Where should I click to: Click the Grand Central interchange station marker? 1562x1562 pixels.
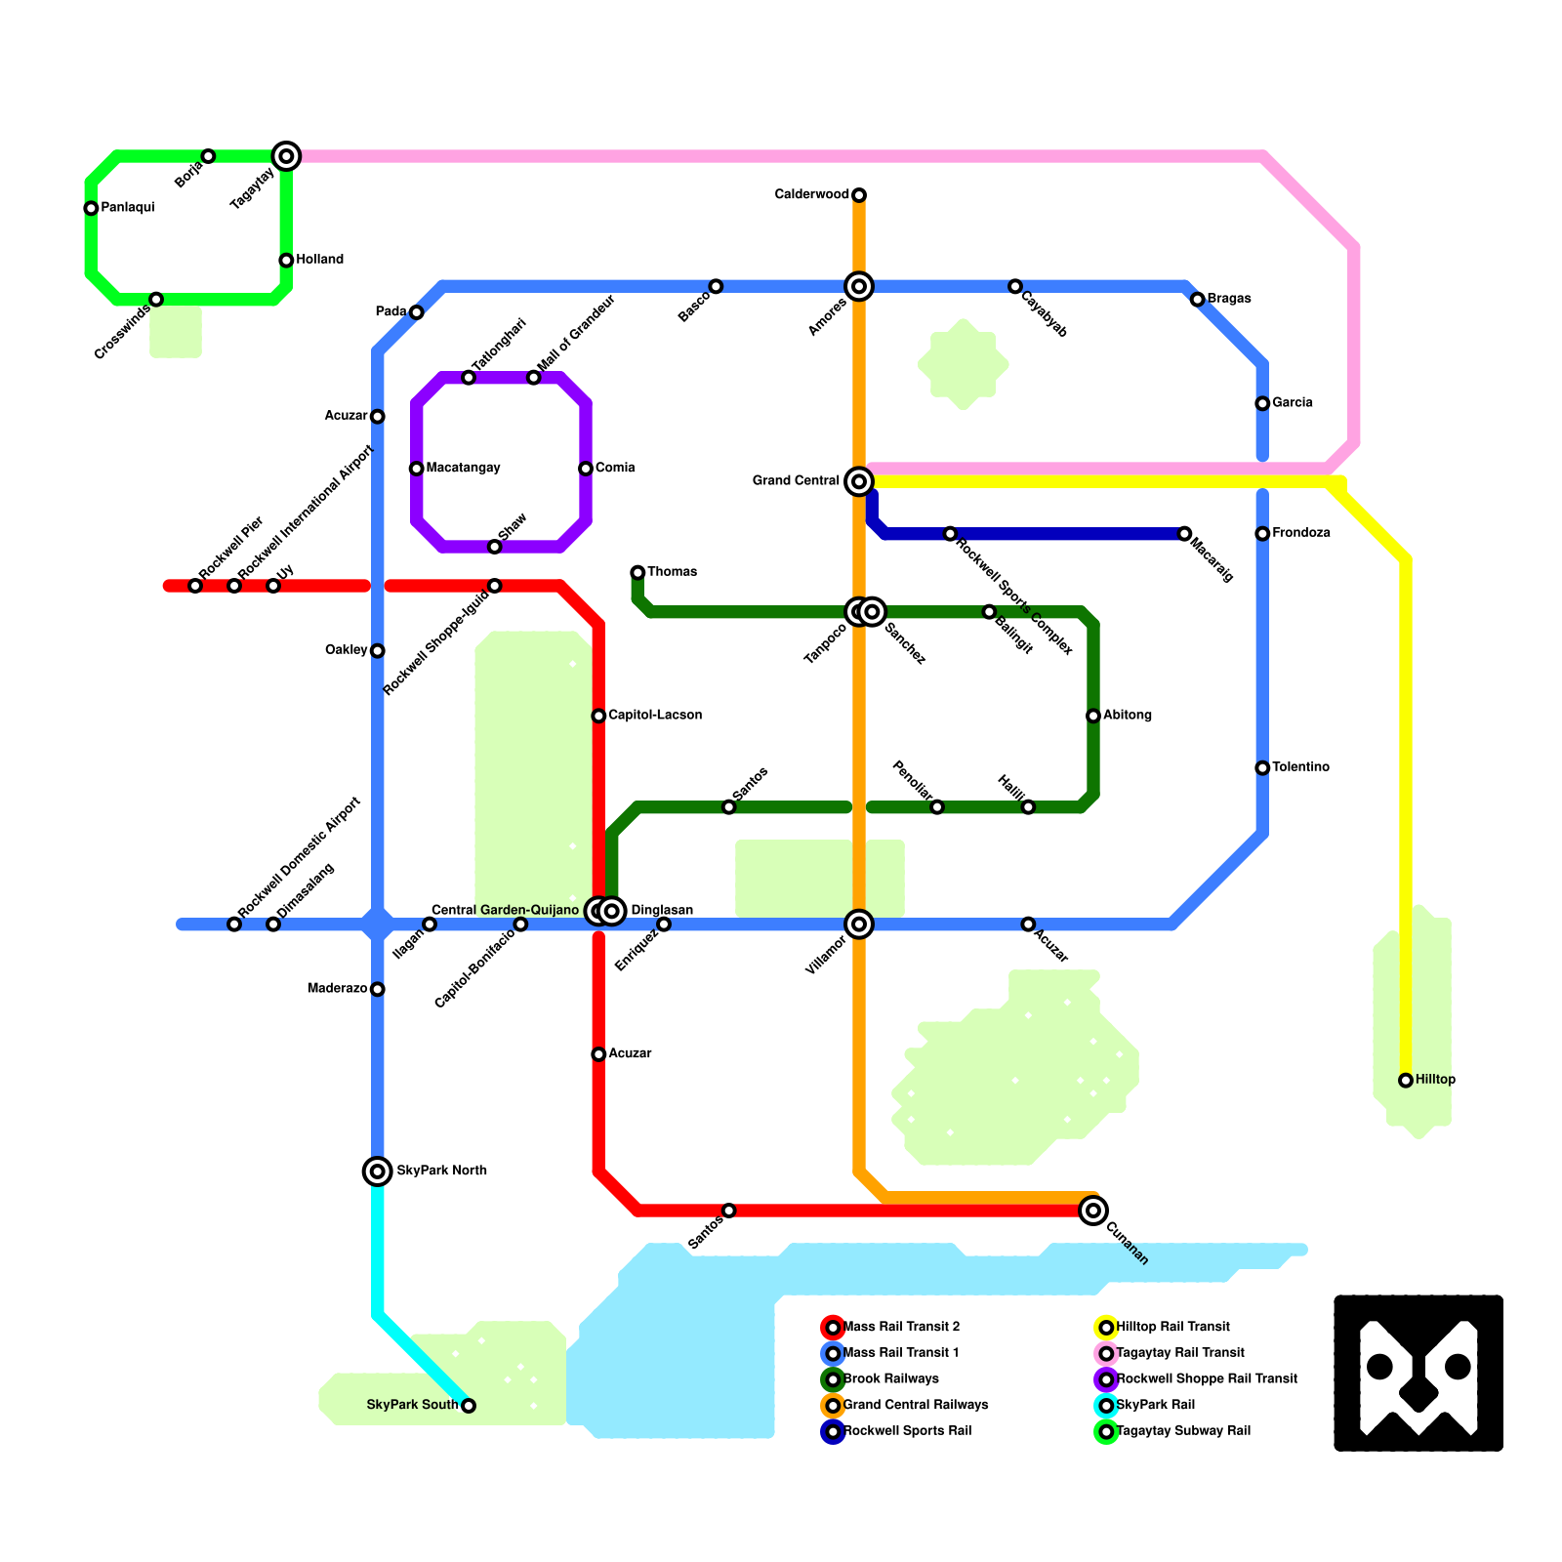[859, 481]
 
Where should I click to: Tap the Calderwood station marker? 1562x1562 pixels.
[859, 195]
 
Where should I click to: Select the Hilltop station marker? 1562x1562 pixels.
[1406, 1081]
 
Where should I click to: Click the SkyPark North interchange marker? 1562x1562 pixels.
[378, 1171]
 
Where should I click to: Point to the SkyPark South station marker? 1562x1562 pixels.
[469, 1406]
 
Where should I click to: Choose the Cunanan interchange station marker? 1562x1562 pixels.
[1093, 1211]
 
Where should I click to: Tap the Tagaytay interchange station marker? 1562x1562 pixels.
[286, 156]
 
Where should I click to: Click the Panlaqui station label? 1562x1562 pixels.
[128, 208]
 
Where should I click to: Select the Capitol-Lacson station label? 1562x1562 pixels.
[655, 716]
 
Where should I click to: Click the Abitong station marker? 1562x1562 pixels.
[1093, 716]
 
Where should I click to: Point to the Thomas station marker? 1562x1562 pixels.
[637, 572]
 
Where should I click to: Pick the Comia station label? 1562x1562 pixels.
[615, 469]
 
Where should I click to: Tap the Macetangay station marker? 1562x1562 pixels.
[417, 469]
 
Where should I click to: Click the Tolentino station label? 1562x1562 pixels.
[1300, 767]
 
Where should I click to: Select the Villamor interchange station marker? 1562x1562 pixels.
[859, 924]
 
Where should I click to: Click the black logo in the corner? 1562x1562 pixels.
[1418, 1374]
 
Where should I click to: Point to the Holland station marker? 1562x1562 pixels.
[286, 261]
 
